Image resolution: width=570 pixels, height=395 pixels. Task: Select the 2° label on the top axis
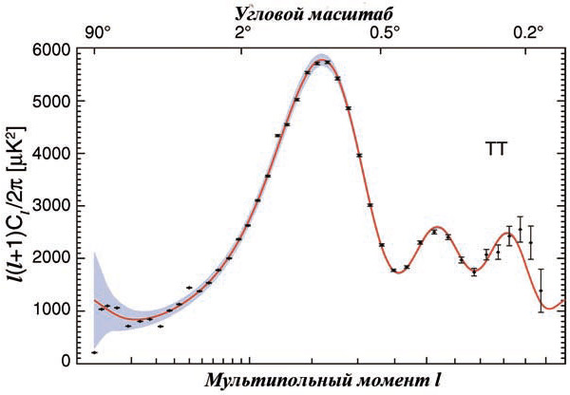coord(242,30)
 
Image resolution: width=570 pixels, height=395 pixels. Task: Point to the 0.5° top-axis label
coord(389,30)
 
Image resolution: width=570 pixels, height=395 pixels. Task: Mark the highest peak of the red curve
coord(323,61)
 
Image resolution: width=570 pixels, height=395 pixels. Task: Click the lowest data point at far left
coord(94,352)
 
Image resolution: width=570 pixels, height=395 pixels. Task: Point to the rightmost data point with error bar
coord(541,291)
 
